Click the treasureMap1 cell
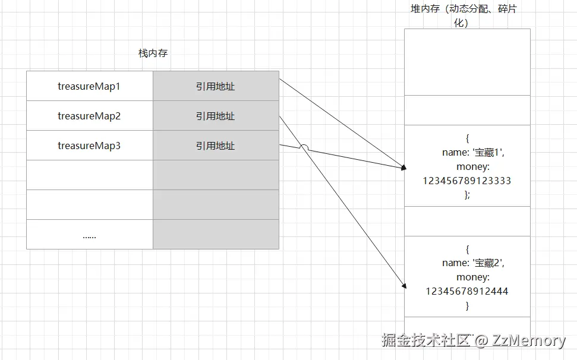[x=89, y=86]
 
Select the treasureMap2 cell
[x=89, y=116]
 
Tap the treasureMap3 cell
[x=89, y=146]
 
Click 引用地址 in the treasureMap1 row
[x=216, y=86]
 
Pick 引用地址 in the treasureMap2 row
[x=216, y=116]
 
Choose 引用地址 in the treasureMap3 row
[x=216, y=146]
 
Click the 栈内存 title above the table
[x=153, y=53]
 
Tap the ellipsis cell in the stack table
[x=89, y=235]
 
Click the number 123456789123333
[x=467, y=181]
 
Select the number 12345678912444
[x=467, y=291]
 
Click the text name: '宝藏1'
[x=473, y=152]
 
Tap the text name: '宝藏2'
[x=473, y=263]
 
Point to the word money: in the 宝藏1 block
[x=473, y=166]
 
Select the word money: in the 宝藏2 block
[x=473, y=277]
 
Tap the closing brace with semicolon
[x=467, y=195]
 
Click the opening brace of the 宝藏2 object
[x=467, y=248]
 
